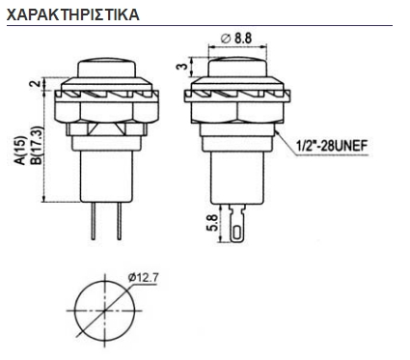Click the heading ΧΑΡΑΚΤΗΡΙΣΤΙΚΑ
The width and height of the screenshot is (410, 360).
click(x=72, y=16)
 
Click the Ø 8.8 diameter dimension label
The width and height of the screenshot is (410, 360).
click(x=235, y=38)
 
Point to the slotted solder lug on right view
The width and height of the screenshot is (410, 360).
click(x=237, y=226)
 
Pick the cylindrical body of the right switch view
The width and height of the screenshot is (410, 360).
click(x=235, y=174)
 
